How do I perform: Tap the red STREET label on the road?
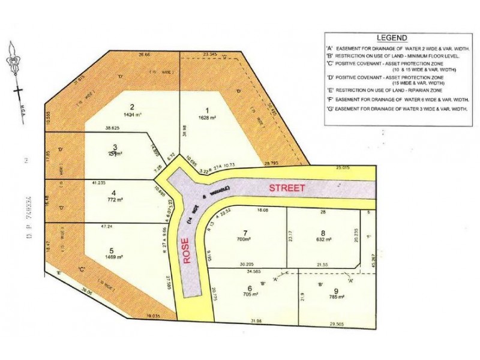286,188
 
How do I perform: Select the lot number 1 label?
208,110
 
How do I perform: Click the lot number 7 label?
244,232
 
